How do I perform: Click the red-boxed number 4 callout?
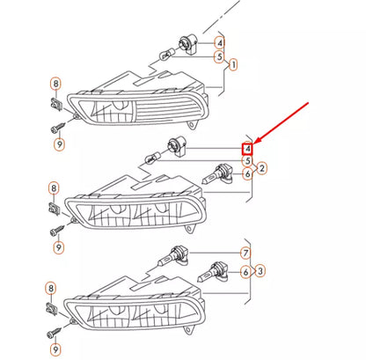247,149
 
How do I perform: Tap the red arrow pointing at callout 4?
281,122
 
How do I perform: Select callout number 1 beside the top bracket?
233,64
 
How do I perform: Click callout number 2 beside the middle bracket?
262,168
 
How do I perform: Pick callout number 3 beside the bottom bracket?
260,270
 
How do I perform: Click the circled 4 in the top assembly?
220,43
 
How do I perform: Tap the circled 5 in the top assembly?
219,56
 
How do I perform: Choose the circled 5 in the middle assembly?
248,161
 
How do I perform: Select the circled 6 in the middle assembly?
248,174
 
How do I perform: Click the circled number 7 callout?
245,253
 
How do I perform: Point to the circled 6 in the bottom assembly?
245,272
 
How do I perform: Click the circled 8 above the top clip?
55,84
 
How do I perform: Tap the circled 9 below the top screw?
60,144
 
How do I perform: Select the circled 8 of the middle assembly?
54,188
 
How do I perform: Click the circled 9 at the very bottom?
55,349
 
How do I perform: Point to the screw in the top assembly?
59,128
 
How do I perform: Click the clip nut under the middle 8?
54,209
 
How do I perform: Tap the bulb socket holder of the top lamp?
187,45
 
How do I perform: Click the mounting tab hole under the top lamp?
192,125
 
